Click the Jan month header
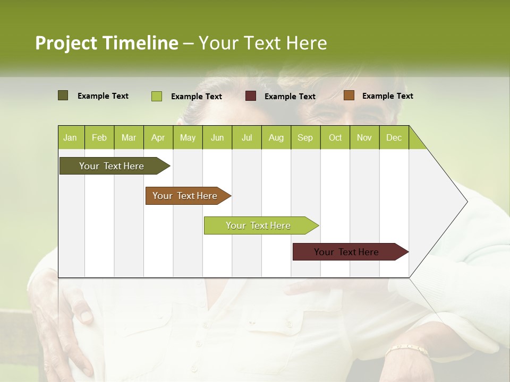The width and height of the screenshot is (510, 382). pyautogui.click(x=70, y=137)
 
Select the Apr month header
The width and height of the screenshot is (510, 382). pyautogui.click(x=158, y=137)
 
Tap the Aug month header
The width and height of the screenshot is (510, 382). pyautogui.click(x=276, y=137)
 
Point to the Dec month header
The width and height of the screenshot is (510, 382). pyautogui.click(x=394, y=137)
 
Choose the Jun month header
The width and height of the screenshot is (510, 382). pyautogui.click(x=217, y=137)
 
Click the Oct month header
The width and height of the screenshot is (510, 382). pyautogui.click(x=335, y=137)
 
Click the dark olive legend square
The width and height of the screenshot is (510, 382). pyautogui.click(x=63, y=95)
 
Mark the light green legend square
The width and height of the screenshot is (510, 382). pyautogui.click(x=157, y=96)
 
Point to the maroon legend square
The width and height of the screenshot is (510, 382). pyautogui.click(x=251, y=96)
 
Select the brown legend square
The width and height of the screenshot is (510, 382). pyautogui.click(x=348, y=95)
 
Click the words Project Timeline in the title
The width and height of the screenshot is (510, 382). pyautogui.click(x=106, y=43)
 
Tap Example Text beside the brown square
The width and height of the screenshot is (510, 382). pyautogui.click(x=387, y=95)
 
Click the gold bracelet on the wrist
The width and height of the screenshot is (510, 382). pyautogui.click(x=406, y=350)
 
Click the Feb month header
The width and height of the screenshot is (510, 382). pyautogui.click(x=99, y=137)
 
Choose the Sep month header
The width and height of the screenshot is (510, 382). pyautogui.click(x=305, y=137)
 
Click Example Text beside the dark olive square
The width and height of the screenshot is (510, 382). pyautogui.click(x=103, y=95)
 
